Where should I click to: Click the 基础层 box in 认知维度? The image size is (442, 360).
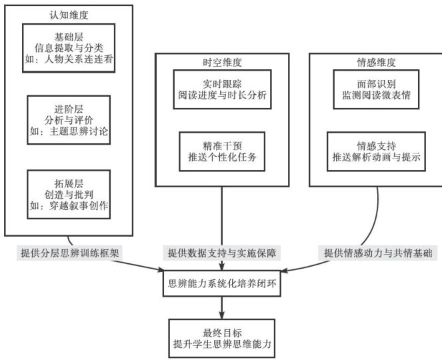pyautogui.click(x=69, y=47)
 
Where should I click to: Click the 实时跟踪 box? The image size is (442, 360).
pyautogui.click(x=222, y=89)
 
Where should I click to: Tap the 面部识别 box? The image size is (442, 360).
pyautogui.click(x=377, y=89)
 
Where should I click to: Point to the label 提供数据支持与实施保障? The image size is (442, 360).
pyautogui.click(x=221, y=253)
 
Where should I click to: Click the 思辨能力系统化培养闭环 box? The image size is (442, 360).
pyautogui.click(x=222, y=283)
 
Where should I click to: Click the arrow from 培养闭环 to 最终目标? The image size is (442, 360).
pyautogui.click(x=222, y=308)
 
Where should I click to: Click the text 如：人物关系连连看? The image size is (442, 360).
pyautogui.click(x=69, y=59)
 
